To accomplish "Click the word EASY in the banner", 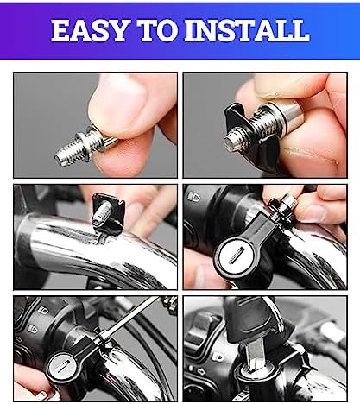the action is coord(89,30).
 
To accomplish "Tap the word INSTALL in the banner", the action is coord(247,30).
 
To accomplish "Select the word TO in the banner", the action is coord(157,30).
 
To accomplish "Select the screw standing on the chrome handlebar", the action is coord(101,214).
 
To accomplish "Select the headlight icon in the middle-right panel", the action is coord(193,197).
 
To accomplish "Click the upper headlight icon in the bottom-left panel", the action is coord(43,311).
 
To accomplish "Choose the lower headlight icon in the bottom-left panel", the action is coord(34,329).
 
